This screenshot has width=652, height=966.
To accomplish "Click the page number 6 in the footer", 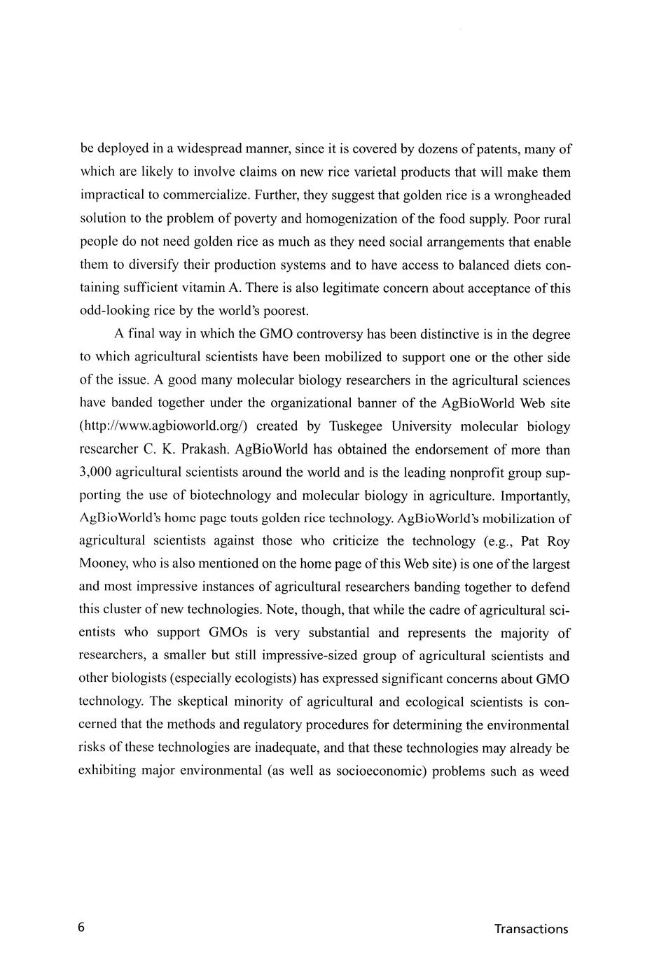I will click(81, 928).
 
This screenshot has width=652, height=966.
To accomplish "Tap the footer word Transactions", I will click(531, 929).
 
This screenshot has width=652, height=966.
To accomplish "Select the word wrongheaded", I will click(527, 195).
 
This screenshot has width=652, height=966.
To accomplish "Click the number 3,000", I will click(96, 472).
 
